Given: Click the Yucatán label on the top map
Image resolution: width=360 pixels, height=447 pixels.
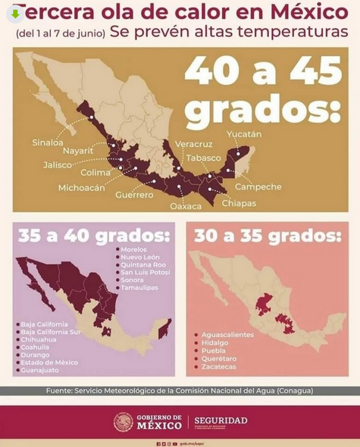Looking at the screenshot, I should coord(243,134).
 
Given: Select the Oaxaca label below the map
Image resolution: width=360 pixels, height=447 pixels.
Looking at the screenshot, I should coord(186,205).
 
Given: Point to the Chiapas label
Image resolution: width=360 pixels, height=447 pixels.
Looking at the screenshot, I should coord(239,203).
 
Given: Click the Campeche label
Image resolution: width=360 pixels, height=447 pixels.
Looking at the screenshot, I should coord(258,186).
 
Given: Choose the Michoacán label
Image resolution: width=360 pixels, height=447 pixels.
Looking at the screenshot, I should coord(81,187).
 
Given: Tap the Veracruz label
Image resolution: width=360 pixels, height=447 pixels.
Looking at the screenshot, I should coord(193,143).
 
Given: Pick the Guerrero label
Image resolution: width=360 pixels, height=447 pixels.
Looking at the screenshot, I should coord(134,195).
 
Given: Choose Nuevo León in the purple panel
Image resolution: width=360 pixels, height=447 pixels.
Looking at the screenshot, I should coord(142,257).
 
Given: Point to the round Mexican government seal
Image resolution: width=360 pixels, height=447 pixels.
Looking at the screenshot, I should coord(123,422).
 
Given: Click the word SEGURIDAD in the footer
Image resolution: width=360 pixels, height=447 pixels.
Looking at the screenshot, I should coord(221,420).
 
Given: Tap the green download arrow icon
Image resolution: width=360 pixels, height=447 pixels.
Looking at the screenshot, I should coord(15,13).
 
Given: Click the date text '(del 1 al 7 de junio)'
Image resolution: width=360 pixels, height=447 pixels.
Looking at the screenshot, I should coord(59,34).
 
